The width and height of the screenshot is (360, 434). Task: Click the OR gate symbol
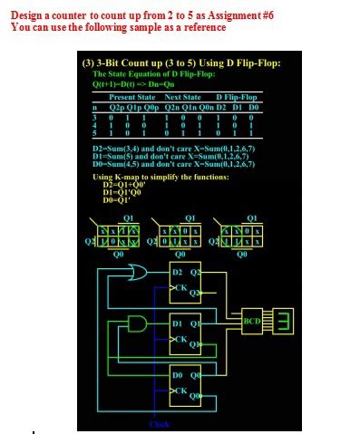point(141,272)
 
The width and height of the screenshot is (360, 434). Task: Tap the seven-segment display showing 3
point(282,322)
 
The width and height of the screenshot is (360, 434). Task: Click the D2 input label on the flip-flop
point(179,273)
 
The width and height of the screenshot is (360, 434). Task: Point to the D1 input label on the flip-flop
point(179,323)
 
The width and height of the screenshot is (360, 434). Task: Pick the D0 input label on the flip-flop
point(179,374)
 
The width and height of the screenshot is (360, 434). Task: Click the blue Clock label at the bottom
point(159,423)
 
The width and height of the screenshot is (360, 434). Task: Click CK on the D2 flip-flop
point(181,289)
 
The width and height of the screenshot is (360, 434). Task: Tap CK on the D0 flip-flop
point(181,391)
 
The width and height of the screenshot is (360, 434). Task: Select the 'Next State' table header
point(182,96)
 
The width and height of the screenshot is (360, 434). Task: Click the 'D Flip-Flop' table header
point(237,96)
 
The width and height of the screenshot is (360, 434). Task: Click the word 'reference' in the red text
point(199,26)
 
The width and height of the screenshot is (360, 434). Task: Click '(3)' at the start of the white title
point(88,63)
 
